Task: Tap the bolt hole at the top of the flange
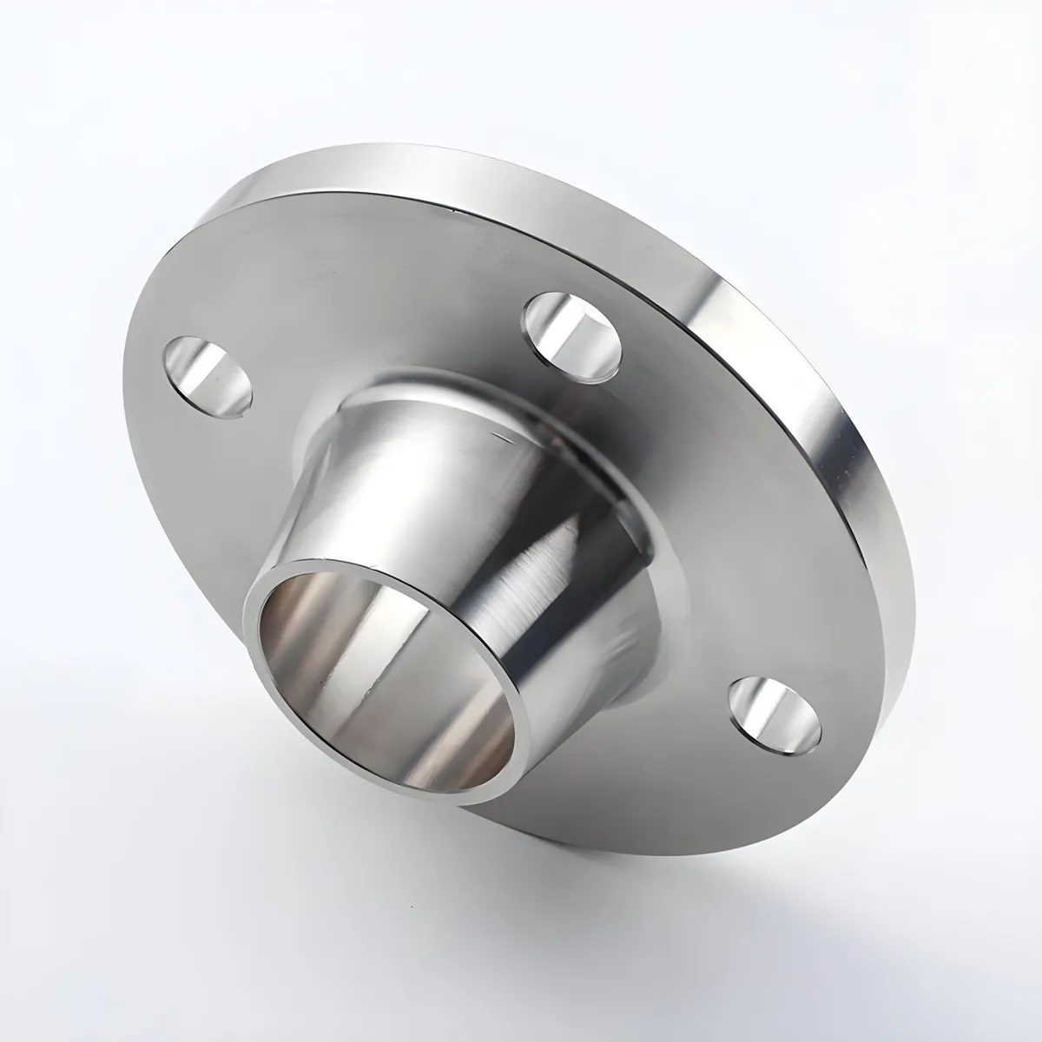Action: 575,338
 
